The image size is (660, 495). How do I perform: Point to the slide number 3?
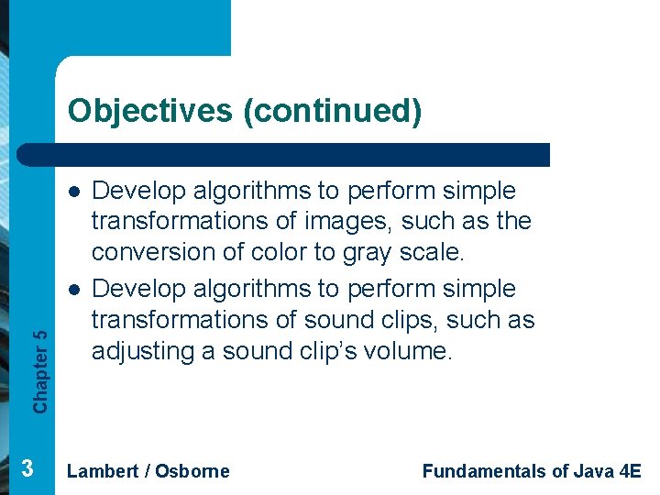click(x=27, y=469)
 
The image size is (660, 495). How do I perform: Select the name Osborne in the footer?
click(x=192, y=471)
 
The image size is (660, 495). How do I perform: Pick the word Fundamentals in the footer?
click(x=482, y=471)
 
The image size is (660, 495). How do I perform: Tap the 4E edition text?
click(x=631, y=471)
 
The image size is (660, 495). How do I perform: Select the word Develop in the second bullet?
click(x=141, y=289)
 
